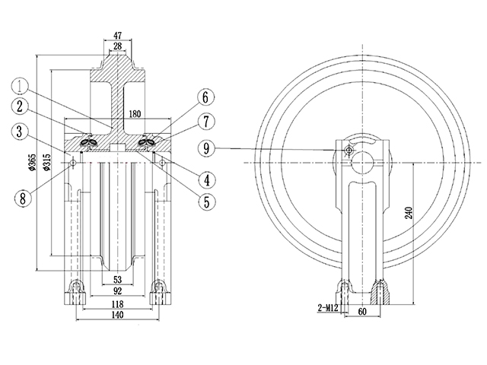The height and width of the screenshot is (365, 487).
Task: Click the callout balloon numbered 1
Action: (22, 85)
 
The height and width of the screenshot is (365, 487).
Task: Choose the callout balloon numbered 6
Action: (205, 97)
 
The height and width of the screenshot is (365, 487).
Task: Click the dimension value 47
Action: (116, 35)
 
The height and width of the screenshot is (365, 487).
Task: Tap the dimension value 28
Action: (116, 46)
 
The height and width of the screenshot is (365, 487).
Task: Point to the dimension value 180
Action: (136, 113)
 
